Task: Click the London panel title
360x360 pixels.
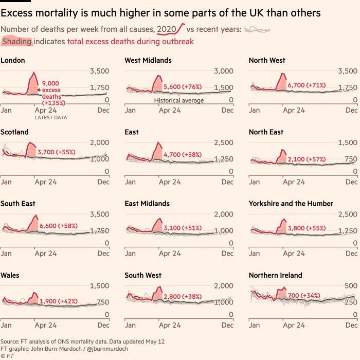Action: tap(13, 60)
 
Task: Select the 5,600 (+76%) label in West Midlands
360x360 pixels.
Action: tap(183, 87)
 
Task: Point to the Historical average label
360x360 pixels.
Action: tap(179, 100)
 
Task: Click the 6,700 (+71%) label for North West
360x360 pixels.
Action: tap(308, 85)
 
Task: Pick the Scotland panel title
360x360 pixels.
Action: tap(14, 132)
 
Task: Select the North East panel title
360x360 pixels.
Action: tap(266, 132)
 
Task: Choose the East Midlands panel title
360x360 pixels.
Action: tap(147, 204)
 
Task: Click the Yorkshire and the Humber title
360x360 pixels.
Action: tap(291, 204)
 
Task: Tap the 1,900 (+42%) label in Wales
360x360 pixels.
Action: tap(59, 301)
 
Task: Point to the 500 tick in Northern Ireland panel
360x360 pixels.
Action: tap(350, 285)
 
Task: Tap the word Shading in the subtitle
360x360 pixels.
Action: tap(17, 41)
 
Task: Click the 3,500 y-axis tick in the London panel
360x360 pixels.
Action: tap(100, 71)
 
